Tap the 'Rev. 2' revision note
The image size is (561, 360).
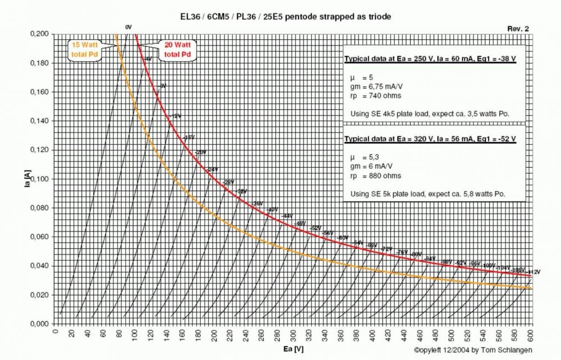(518, 29)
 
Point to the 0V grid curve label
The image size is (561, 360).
(128, 27)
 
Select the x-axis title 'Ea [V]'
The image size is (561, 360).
(291, 349)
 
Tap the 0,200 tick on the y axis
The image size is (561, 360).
(39, 34)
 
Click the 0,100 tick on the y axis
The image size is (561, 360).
(39, 179)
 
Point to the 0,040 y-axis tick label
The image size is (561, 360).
(39, 266)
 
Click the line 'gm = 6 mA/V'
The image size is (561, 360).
(377, 168)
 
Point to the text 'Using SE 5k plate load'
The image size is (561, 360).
(427, 193)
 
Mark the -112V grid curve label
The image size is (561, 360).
(534, 272)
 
